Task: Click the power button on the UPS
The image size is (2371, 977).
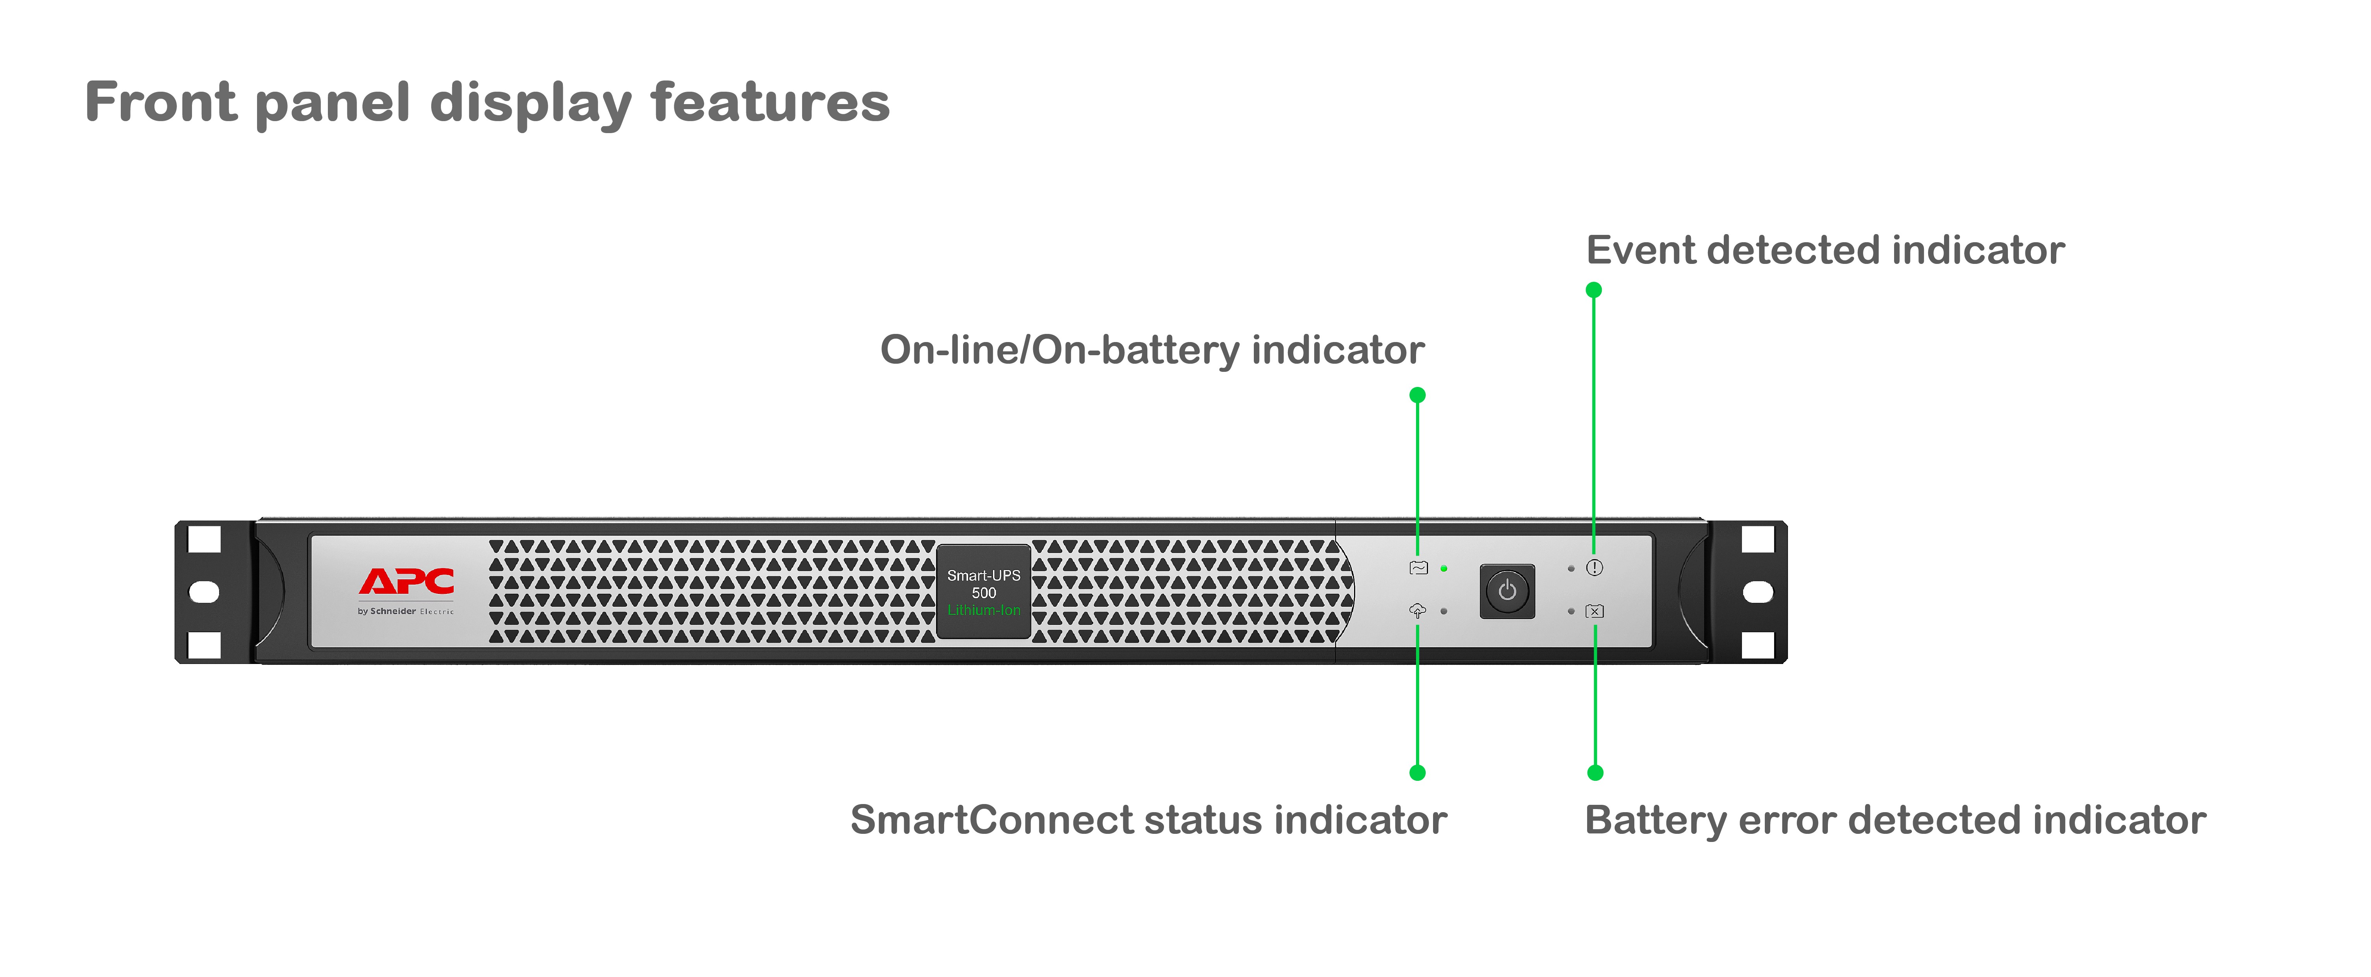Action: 1507,590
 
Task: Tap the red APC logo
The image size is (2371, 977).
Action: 406,582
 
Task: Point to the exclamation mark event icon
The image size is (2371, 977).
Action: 1594,568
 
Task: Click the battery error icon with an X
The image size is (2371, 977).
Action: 1594,611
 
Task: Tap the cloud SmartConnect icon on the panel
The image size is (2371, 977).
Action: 1418,611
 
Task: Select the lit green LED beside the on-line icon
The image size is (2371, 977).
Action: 1444,568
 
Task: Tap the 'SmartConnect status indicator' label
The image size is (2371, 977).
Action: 1148,820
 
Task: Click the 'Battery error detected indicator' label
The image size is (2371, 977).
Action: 1894,820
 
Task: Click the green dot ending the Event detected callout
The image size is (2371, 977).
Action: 1594,290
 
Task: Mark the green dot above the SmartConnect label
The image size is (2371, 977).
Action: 1418,773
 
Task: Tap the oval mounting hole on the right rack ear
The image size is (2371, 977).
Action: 1758,592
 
